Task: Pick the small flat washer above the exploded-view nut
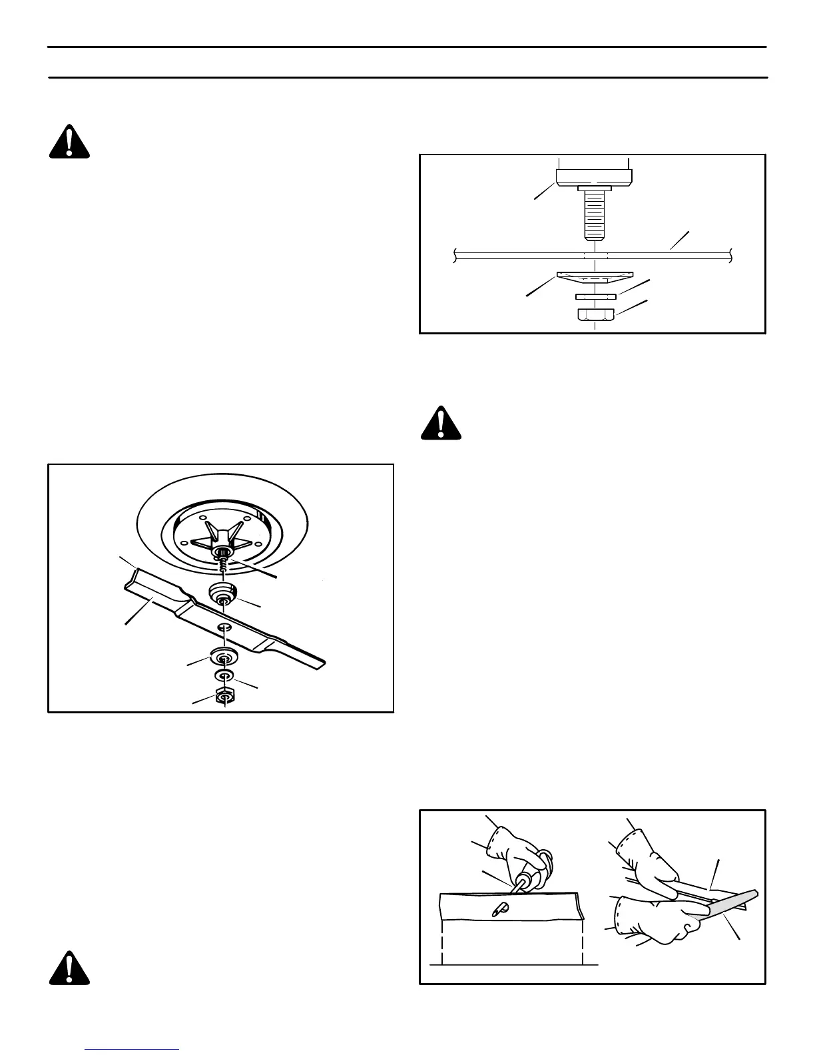[224, 676]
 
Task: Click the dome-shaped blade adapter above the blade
[224, 592]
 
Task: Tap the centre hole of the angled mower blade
[224, 627]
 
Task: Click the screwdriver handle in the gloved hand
[535, 872]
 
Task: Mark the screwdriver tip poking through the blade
[499, 907]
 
